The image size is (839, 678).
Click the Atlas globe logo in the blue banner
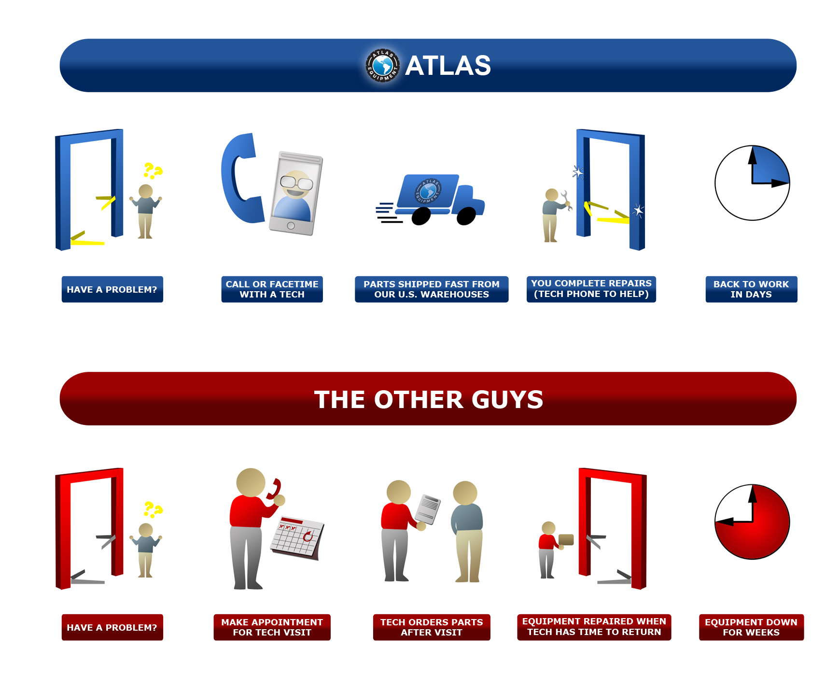383,65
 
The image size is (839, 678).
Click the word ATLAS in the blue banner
448,66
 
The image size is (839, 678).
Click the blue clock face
752,183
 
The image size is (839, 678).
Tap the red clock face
752,522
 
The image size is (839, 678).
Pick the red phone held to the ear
274,489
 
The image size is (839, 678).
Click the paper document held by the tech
428,508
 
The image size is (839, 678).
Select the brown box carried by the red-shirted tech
566,539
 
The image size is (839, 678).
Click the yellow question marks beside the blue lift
153,171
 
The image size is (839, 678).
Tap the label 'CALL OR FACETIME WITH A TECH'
272,289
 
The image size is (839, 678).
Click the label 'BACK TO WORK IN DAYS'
751,289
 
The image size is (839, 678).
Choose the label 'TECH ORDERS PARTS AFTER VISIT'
432,627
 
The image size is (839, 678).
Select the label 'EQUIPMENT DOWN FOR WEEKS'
751,627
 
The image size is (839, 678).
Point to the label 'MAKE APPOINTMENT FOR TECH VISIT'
272,627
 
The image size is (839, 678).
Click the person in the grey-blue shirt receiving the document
466,531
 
